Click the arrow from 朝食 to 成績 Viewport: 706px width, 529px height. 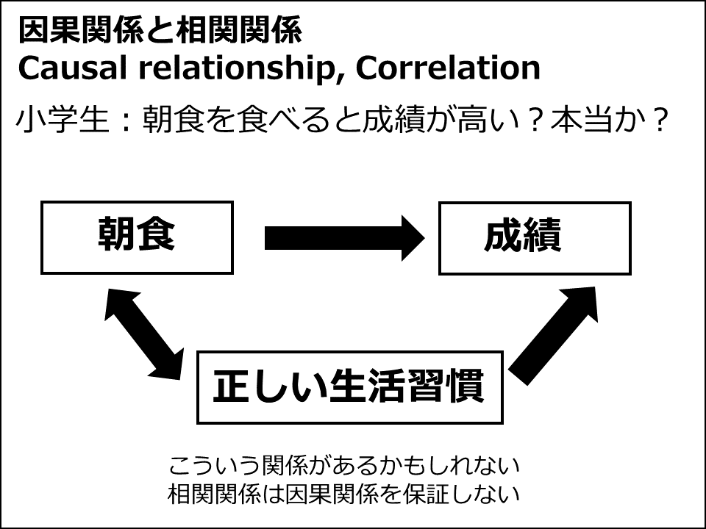tap(344, 238)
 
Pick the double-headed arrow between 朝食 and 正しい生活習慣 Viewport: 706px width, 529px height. tap(144, 336)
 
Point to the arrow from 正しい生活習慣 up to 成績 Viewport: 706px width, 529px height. tap(553, 336)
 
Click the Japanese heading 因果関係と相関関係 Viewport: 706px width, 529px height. tap(160, 31)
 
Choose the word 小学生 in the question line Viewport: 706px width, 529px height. tap(62, 120)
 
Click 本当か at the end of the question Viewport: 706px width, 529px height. tap(599, 120)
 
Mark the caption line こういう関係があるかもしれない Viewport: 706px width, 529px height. tap(344, 465)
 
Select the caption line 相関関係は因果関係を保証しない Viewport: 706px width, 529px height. tap(344, 494)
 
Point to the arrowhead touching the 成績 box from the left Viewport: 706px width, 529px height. tap(413, 238)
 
